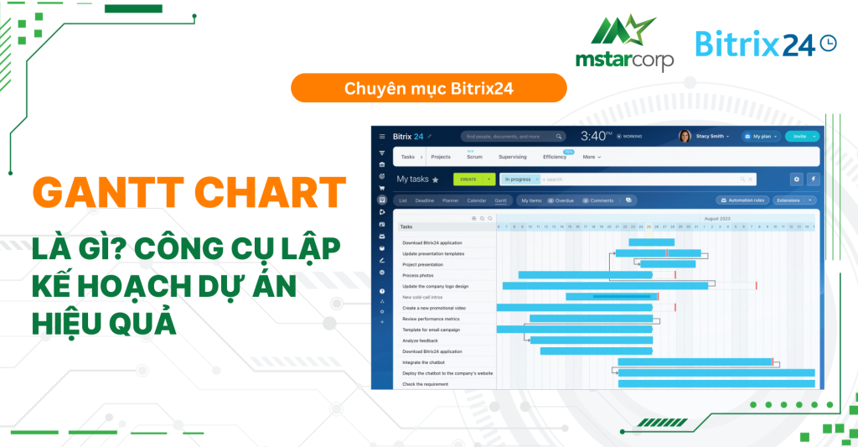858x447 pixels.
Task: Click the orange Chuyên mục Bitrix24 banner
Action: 428,88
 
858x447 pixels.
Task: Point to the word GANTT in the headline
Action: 106,195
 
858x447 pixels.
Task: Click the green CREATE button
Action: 469,179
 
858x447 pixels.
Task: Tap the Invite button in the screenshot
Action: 800,136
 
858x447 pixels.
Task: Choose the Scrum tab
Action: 474,157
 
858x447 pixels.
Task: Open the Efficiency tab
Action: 554,157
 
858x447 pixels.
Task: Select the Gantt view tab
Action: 500,200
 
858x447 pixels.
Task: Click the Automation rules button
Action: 742,200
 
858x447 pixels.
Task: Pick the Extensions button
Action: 792,200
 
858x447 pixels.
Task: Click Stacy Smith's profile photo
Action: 685,136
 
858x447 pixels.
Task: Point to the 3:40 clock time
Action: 597,136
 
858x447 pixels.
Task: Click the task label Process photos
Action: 418,275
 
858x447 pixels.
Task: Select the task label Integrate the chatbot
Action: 426,362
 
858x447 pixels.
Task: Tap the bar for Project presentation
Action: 668,264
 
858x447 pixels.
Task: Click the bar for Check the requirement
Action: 716,384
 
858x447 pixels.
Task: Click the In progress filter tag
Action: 519,179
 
